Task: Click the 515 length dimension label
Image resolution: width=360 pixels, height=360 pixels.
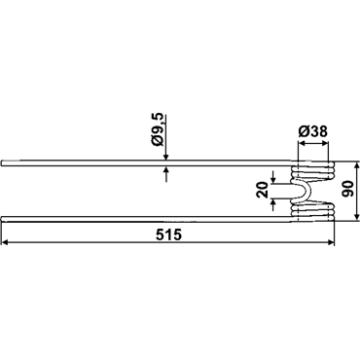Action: tap(168, 234)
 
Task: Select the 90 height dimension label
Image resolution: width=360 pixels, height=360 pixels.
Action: tap(347, 190)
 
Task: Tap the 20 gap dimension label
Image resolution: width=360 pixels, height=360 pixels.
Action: tap(263, 190)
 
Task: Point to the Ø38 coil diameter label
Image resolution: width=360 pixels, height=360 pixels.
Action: tap(312, 131)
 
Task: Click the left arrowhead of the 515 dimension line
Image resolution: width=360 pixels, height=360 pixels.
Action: tap(6, 242)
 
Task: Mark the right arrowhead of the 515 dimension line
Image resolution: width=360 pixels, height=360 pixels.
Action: tap(330, 242)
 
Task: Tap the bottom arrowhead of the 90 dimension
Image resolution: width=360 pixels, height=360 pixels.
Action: tap(357, 217)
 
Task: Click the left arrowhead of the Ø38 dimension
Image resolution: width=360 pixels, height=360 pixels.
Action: tap(302, 142)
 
